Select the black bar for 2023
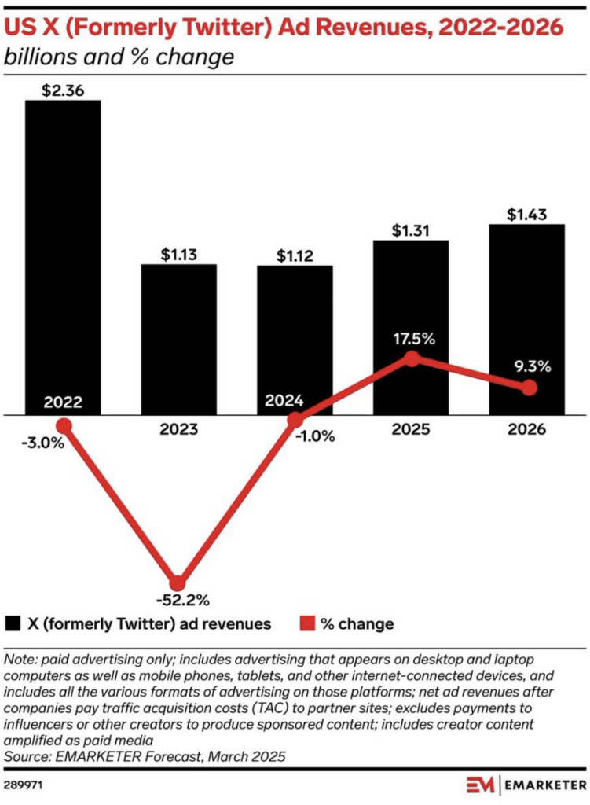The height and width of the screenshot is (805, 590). [x=178, y=338]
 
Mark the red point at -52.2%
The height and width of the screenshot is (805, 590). [x=178, y=583]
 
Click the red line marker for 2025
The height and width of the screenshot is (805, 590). [x=410, y=358]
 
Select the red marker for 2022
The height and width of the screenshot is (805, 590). [x=64, y=425]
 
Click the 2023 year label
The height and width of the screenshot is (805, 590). [x=178, y=430]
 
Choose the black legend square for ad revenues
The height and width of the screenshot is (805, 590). [x=13, y=624]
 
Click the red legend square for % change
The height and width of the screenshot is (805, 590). [x=306, y=624]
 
